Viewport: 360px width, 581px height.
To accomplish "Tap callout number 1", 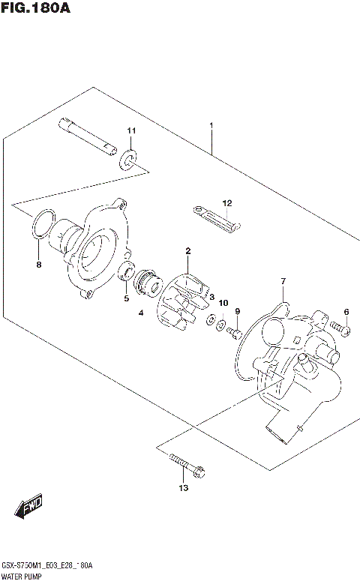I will point(212,126).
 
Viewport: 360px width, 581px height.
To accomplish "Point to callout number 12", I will point(226,202).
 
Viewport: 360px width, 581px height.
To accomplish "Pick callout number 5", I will point(126,298).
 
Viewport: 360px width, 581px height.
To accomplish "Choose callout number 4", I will point(140,313).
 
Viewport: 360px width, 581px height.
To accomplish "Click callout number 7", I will point(283,281).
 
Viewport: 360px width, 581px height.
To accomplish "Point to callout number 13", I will point(184,488).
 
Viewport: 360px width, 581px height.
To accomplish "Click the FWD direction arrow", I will point(29,510).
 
